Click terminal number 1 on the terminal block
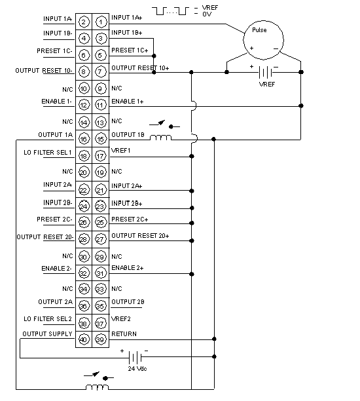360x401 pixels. click(101, 22)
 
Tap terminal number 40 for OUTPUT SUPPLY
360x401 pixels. click(84, 339)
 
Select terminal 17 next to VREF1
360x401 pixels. click(100, 156)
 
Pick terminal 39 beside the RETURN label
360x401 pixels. click(100, 339)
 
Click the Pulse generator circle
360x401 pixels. click(263, 40)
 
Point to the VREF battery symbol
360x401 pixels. click(266, 72)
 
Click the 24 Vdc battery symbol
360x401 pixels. click(135, 357)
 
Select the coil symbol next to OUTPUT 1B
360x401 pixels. click(160, 138)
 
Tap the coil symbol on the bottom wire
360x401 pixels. click(97, 387)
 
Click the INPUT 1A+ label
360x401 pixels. click(126, 18)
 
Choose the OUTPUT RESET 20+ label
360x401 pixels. click(140, 235)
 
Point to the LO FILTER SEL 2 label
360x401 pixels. click(48, 318)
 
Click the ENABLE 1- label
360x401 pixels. click(56, 102)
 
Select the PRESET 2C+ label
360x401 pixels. click(130, 219)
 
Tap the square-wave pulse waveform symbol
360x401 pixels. click(170, 11)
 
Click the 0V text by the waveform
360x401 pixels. click(207, 14)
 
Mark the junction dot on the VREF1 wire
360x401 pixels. click(192, 156)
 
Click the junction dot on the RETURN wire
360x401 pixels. click(214, 339)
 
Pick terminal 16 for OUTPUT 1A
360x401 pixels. click(84, 139)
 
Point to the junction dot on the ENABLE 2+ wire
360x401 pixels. click(192, 274)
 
